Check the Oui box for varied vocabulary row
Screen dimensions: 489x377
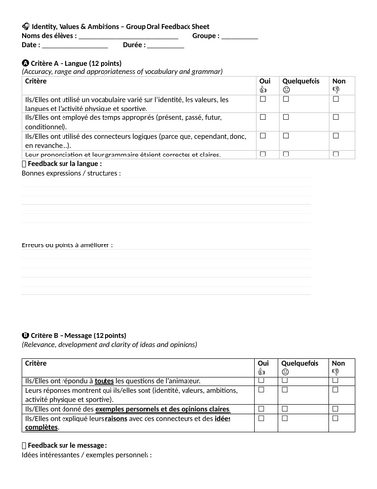(x=262, y=100)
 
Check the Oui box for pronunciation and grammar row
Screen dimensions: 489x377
(x=262, y=154)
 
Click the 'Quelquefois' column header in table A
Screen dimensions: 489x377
(x=296, y=81)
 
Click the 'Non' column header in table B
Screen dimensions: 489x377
(x=339, y=361)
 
